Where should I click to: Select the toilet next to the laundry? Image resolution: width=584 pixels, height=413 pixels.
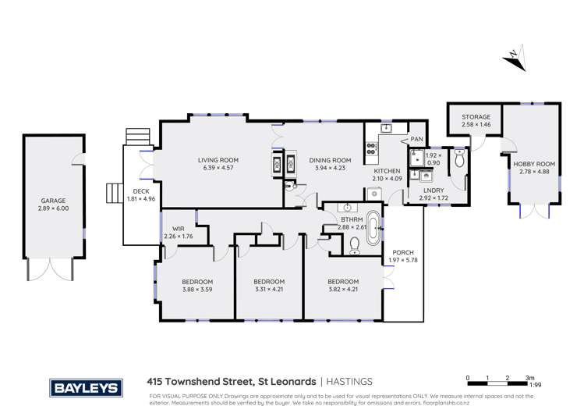tap(458, 160)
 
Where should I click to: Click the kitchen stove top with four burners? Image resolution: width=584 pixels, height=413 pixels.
tap(370, 148)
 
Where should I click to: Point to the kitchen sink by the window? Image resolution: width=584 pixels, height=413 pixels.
tap(386, 128)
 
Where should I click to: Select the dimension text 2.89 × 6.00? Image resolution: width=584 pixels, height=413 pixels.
tap(48, 208)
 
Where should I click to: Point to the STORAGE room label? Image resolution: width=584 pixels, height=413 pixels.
tap(476, 117)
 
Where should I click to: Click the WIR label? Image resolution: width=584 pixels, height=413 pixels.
tap(177, 228)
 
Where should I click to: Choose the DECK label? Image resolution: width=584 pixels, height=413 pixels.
tap(140, 190)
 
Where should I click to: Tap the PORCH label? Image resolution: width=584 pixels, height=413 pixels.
tap(403, 252)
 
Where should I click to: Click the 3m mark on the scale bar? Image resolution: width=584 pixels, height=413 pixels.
tap(529, 377)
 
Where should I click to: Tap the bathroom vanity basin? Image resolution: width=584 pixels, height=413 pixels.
tap(345, 208)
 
